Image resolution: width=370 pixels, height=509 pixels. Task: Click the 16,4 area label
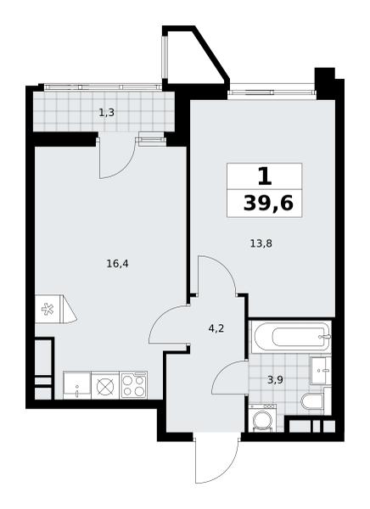pyautogui.click(x=118, y=264)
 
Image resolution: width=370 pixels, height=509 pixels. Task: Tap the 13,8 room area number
pyautogui.click(x=261, y=243)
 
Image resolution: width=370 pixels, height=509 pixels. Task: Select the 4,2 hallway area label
pyautogui.click(x=216, y=329)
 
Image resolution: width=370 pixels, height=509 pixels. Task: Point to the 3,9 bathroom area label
pyautogui.click(x=275, y=380)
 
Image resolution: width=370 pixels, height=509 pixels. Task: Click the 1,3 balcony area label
pyautogui.click(x=106, y=113)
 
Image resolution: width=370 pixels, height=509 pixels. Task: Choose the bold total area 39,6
pyautogui.click(x=268, y=204)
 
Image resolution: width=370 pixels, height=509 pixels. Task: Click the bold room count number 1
pyautogui.click(x=265, y=177)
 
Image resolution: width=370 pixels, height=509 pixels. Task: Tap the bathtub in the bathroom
pyautogui.click(x=291, y=338)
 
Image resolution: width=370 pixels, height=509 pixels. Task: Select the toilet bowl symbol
pyautogui.click(x=311, y=401)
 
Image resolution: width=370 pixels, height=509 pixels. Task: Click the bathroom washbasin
pyautogui.click(x=320, y=371)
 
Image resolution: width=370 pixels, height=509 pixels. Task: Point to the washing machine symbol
pyautogui.click(x=262, y=418)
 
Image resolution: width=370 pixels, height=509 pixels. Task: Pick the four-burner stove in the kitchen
pyautogui.click(x=134, y=385)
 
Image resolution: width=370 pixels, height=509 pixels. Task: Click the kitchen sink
pyautogui.click(x=77, y=385)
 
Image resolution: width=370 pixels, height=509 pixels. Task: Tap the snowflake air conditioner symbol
pyautogui.click(x=48, y=309)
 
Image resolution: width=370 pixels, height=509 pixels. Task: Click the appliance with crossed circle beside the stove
pyautogui.click(x=105, y=385)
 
